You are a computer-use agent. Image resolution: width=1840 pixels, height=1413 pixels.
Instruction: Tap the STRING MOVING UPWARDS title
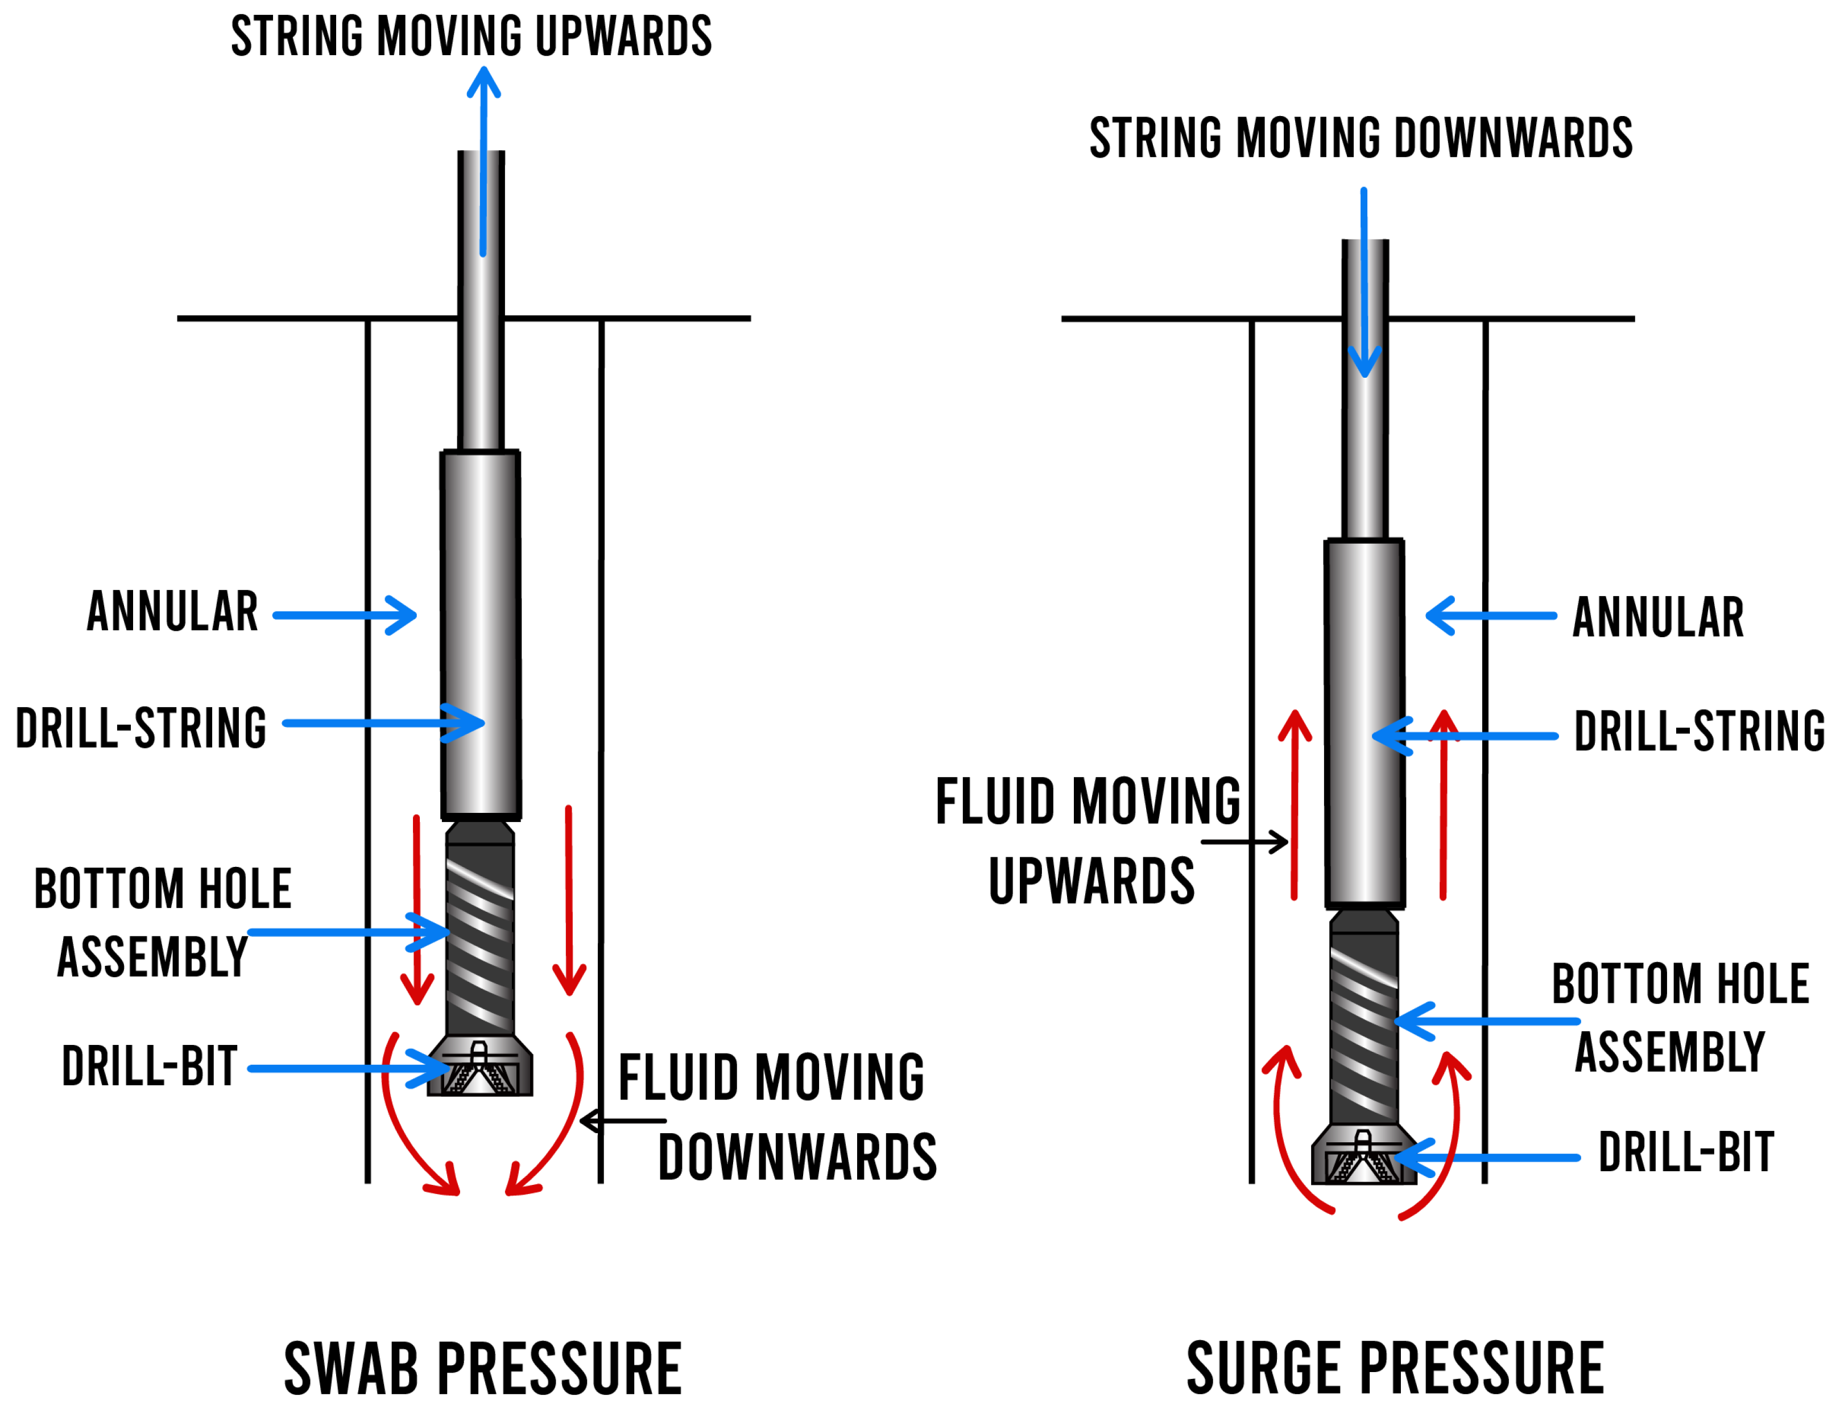point(471,36)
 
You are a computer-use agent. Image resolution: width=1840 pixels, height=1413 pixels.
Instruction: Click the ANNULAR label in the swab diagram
point(172,612)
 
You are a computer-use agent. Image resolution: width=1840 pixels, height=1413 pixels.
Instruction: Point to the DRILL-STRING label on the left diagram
point(141,728)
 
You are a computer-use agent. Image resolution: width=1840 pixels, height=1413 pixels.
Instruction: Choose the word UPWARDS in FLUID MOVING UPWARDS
point(1091,882)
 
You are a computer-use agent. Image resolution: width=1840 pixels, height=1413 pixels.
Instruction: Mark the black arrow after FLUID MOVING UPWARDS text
point(1244,841)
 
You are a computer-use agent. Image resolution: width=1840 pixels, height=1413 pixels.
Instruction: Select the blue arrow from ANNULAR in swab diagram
point(345,615)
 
